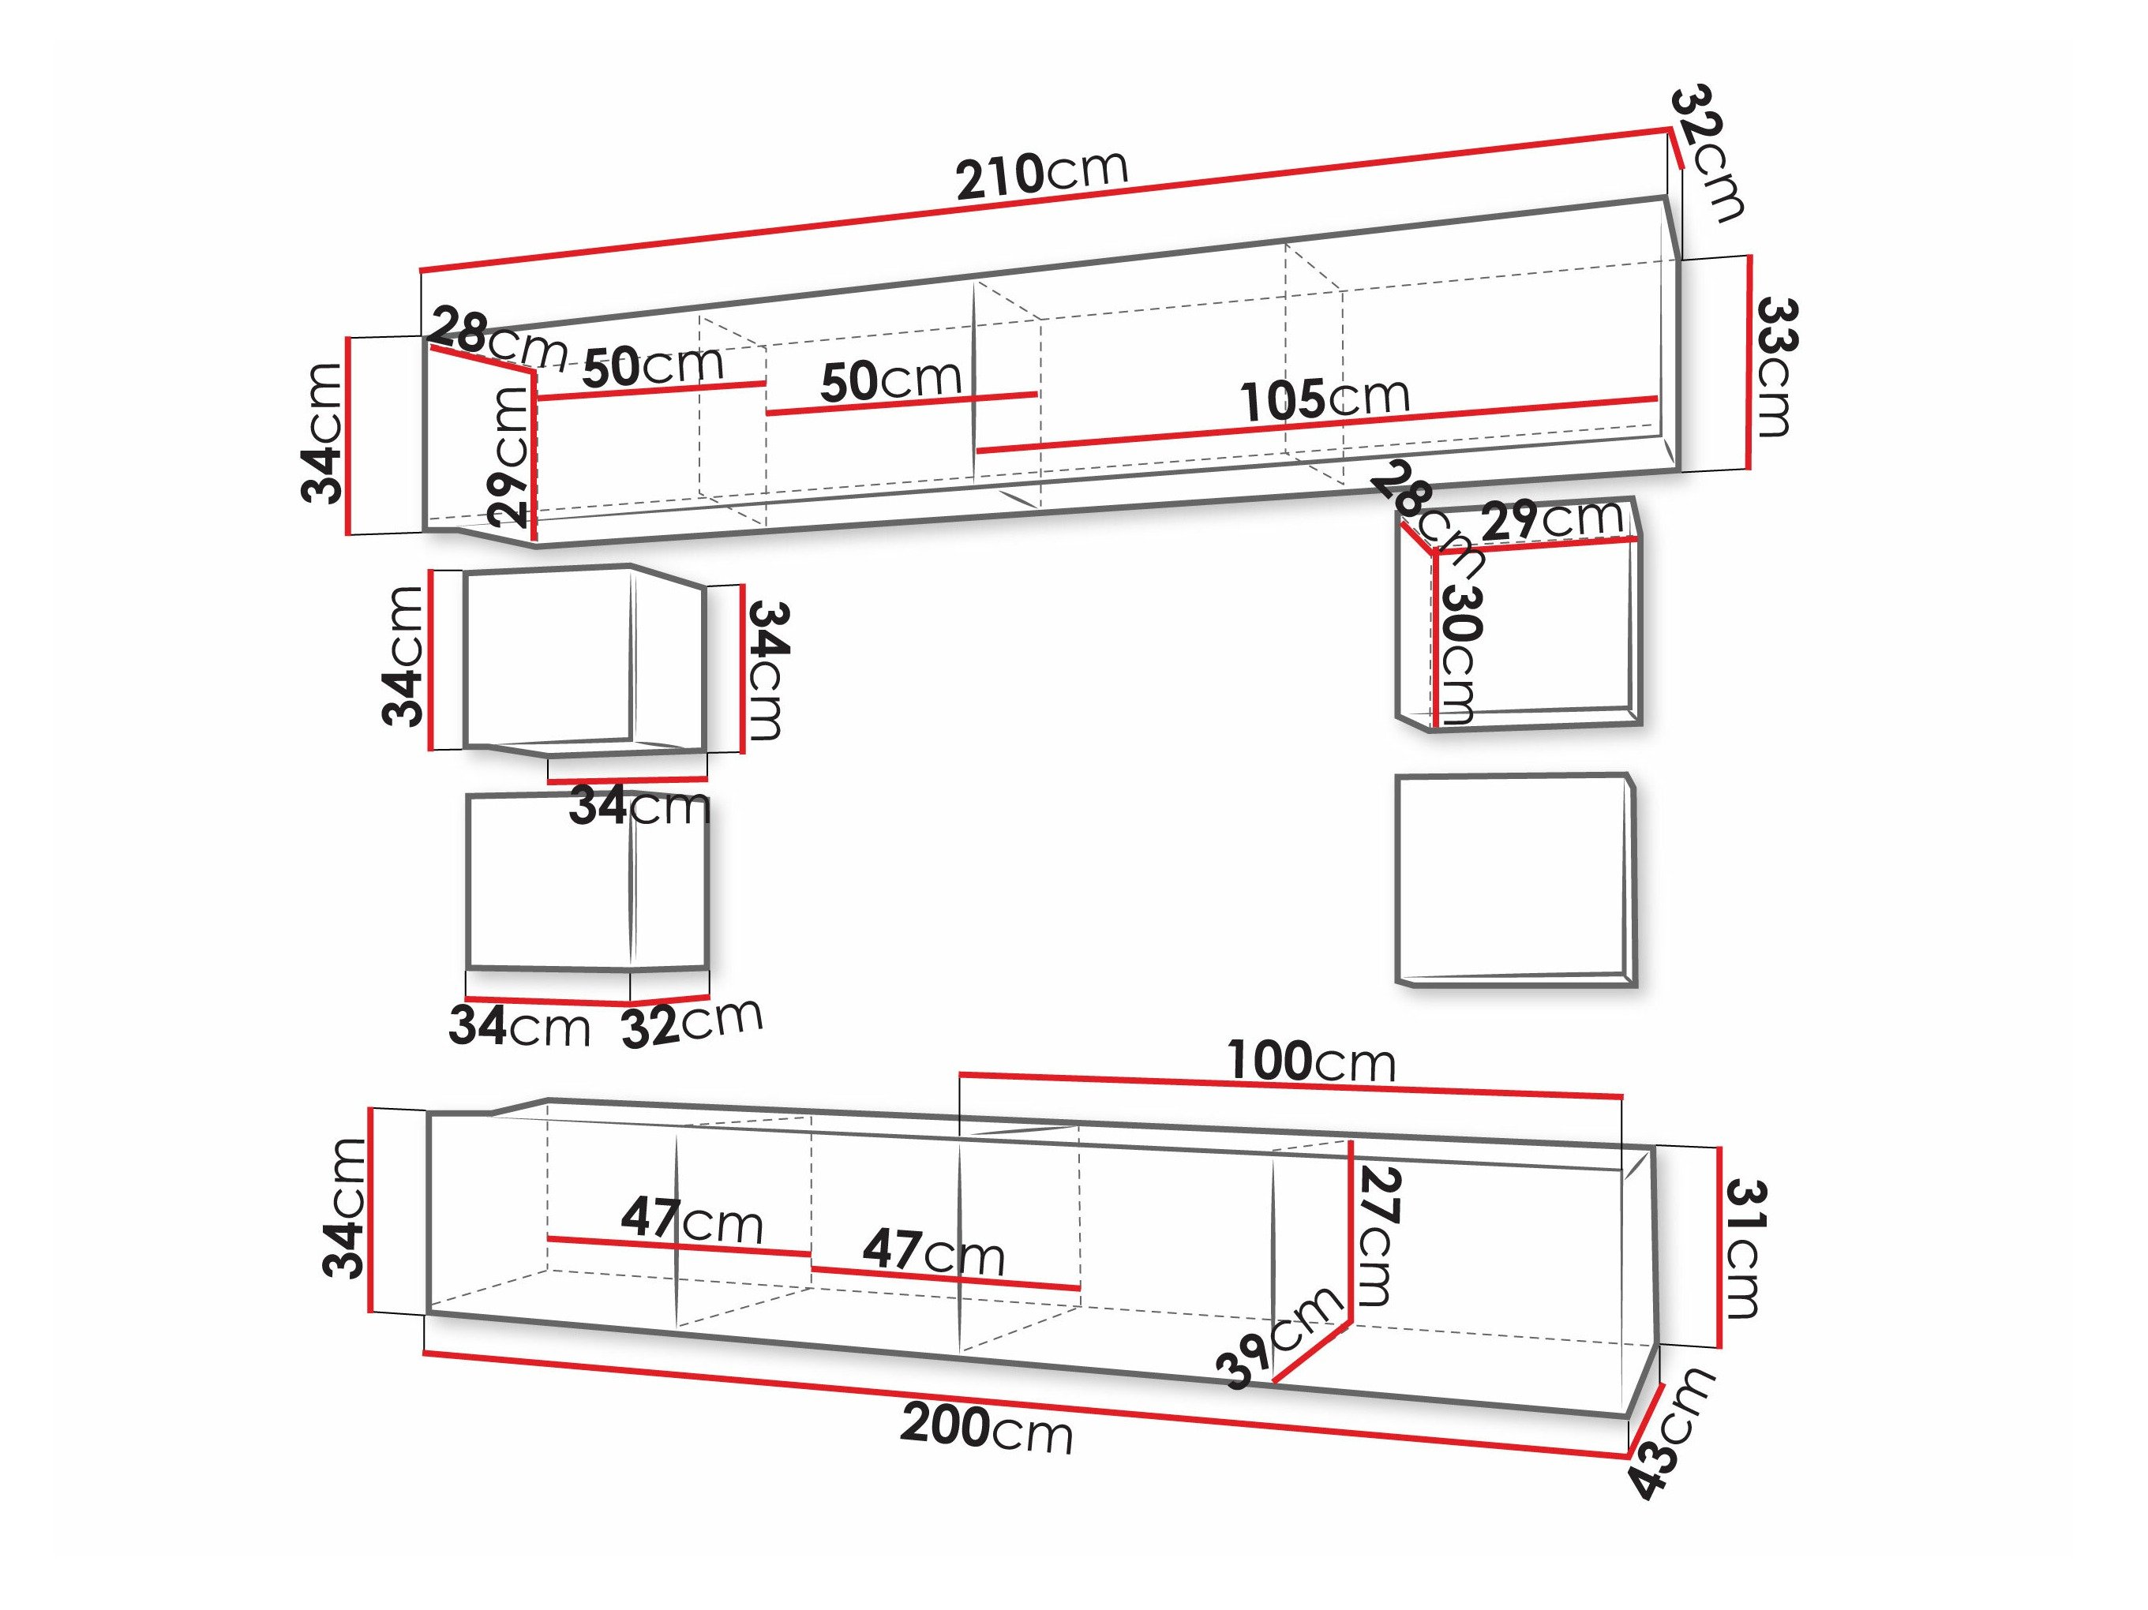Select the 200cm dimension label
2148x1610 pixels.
[x=987, y=1428]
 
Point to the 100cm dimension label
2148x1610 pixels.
[x=1311, y=1061]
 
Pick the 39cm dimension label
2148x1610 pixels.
[x=1280, y=1337]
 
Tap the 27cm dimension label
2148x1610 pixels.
[x=1376, y=1235]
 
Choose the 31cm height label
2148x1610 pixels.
[x=1744, y=1248]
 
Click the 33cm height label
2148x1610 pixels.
[x=1773, y=366]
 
